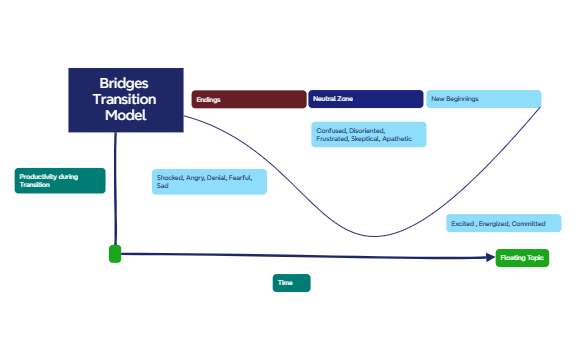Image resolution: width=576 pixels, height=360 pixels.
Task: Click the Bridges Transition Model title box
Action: [x=125, y=100]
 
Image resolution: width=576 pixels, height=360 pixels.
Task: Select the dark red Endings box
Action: [x=249, y=99]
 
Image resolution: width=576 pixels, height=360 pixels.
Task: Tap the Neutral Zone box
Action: [x=366, y=99]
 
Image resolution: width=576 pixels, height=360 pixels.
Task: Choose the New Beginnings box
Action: [x=484, y=99]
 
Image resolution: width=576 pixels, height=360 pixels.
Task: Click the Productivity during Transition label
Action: [x=60, y=180]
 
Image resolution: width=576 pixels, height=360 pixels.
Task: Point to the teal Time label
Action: [x=292, y=283]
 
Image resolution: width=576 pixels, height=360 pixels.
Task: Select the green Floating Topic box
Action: [x=523, y=258]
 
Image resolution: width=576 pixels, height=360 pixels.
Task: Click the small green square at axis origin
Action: [x=115, y=254]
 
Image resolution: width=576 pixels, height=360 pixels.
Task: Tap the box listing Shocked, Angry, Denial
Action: [x=210, y=181]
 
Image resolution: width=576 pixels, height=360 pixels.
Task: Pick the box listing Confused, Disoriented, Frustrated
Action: [x=369, y=135]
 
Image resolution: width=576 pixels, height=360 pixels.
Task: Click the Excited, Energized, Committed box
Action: [x=497, y=224]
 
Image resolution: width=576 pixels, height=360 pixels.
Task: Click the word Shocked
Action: [x=169, y=177]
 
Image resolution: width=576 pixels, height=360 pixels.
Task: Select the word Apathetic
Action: [x=397, y=139]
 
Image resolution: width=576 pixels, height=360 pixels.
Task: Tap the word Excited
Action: [x=462, y=224]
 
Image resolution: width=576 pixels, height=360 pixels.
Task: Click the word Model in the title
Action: [x=125, y=116]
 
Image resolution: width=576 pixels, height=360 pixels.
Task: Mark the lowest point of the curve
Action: [x=378, y=237]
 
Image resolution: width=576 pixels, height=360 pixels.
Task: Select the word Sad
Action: [x=162, y=186]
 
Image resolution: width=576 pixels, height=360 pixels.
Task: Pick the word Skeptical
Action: [x=365, y=139]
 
